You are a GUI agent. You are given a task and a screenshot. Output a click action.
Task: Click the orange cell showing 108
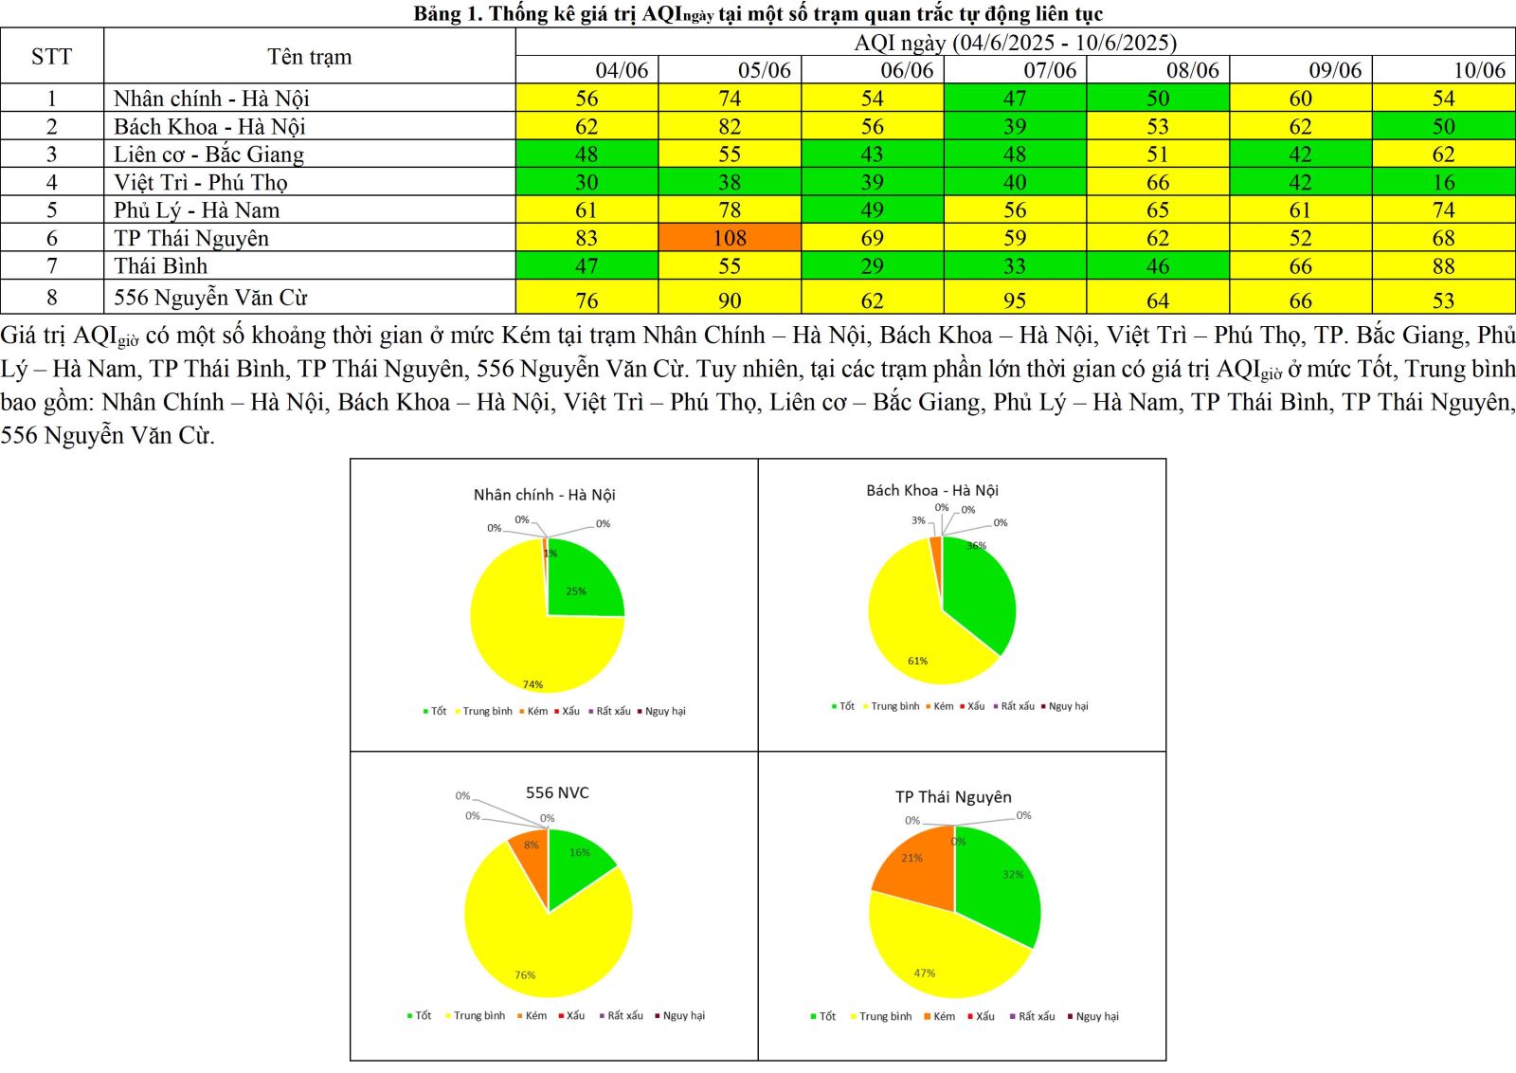click(730, 238)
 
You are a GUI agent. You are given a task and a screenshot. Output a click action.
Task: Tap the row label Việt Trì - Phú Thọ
click(201, 182)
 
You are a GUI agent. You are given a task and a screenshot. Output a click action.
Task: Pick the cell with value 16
click(1443, 182)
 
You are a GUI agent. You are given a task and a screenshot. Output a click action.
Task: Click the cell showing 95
click(1015, 300)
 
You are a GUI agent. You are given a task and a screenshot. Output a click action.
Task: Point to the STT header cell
click(51, 56)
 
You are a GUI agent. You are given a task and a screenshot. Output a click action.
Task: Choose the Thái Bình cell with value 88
click(1443, 266)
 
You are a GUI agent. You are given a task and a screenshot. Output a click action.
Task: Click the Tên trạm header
click(309, 56)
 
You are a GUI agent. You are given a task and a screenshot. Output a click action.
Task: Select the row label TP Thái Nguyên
click(191, 238)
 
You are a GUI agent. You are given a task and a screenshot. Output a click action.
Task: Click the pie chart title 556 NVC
click(557, 792)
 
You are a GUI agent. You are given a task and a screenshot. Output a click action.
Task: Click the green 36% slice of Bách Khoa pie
click(981, 597)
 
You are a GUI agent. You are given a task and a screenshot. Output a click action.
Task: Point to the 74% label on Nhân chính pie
click(532, 684)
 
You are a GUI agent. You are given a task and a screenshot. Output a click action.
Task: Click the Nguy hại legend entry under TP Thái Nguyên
click(1096, 1016)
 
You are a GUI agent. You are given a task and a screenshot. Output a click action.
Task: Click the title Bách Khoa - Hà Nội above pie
click(932, 490)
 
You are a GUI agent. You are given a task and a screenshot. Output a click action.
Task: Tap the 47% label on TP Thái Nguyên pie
click(925, 973)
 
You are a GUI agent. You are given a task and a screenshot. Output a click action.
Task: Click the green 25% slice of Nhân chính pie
click(580, 588)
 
